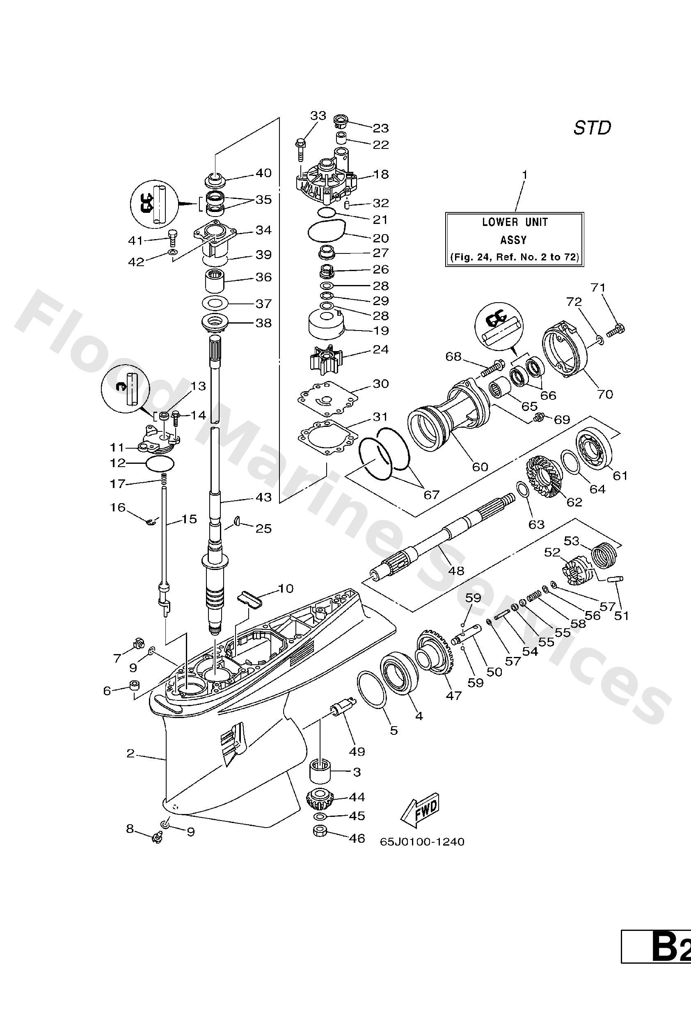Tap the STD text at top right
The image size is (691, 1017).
point(592,128)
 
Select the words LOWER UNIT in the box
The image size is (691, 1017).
point(515,222)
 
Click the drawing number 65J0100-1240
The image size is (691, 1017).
point(422,841)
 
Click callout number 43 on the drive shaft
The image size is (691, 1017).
point(263,497)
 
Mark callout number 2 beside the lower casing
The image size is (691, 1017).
point(130,753)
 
